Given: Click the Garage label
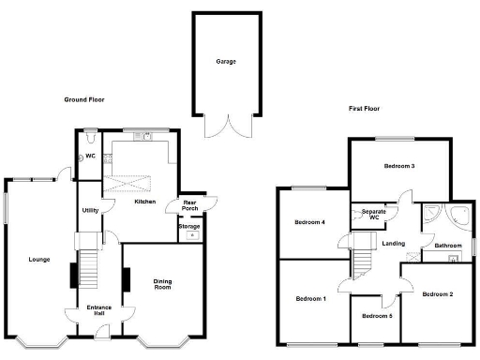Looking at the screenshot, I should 226,62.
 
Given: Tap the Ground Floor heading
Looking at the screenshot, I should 84,99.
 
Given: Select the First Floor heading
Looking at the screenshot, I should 368,109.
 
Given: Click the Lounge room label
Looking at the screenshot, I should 39,259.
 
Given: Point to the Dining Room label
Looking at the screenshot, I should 163,283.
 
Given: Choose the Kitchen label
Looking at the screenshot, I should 144,202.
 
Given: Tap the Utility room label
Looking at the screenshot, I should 90,210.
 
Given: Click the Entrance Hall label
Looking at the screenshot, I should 99,310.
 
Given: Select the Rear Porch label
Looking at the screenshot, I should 189,205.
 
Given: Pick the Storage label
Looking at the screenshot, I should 189,225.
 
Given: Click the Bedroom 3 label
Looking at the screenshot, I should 399,166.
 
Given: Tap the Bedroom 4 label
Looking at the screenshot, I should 309,222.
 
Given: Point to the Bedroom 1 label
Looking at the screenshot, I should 310,299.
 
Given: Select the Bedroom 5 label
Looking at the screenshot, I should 378,315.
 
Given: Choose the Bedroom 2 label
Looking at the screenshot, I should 437,294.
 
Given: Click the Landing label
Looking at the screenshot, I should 394,244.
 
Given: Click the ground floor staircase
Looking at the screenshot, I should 87,268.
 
